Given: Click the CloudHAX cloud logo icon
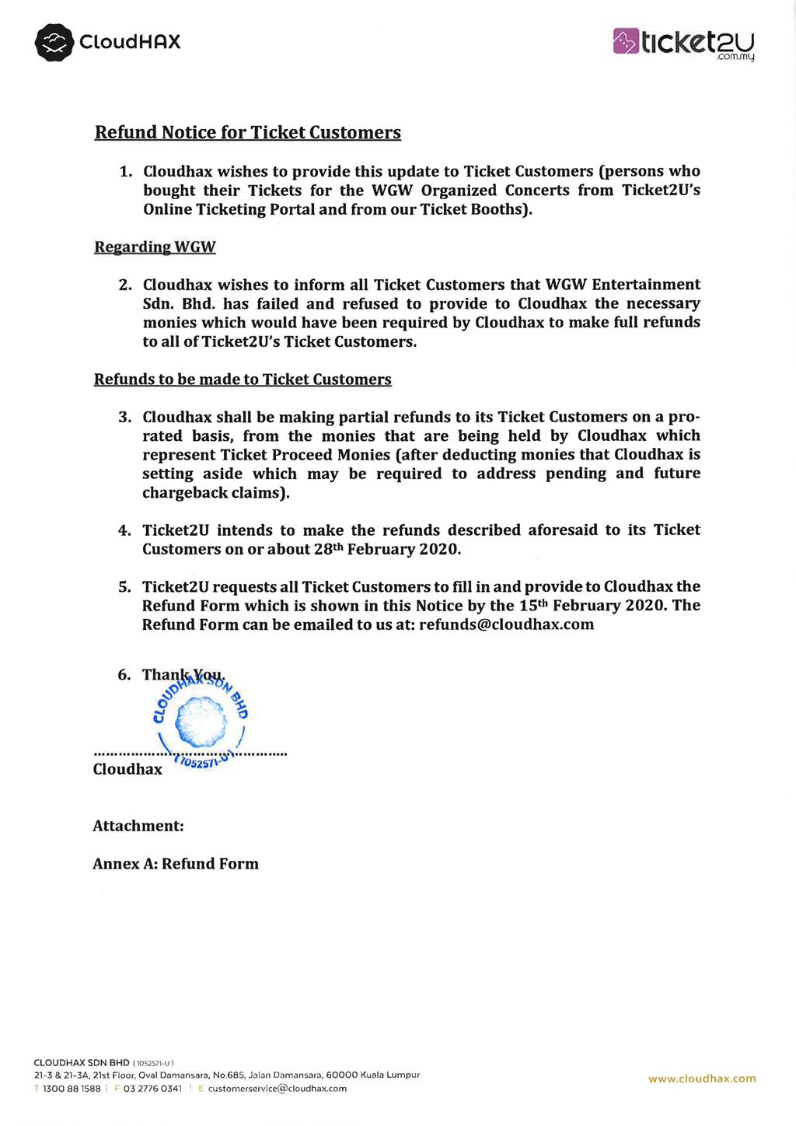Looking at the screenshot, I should pyautogui.click(x=54, y=42).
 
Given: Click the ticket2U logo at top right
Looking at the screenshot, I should pyautogui.click(x=684, y=43).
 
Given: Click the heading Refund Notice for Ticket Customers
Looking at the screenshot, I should pyautogui.click(x=247, y=132).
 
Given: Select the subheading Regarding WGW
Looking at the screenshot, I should pyautogui.click(x=155, y=247).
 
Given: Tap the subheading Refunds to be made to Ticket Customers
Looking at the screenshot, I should pyautogui.click(x=243, y=379).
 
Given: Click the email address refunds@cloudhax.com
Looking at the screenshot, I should pyautogui.click(x=506, y=624).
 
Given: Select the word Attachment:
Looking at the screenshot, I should pyautogui.click(x=138, y=826).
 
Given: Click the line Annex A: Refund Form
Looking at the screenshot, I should pyautogui.click(x=176, y=864).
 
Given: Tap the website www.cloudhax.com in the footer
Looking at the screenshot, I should pyautogui.click(x=702, y=1079).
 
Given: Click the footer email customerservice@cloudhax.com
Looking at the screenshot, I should pyautogui.click(x=278, y=1089).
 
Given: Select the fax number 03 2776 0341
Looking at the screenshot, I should pyautogui.click(x=152, y=1089).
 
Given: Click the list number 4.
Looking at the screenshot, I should pyautogui.click(x=124, y=530).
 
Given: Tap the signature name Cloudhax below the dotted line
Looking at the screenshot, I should pyautogui.click(x=127, y=770).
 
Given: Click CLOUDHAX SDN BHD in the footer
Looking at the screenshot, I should pyautogui.click(x=82, y=1062).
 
